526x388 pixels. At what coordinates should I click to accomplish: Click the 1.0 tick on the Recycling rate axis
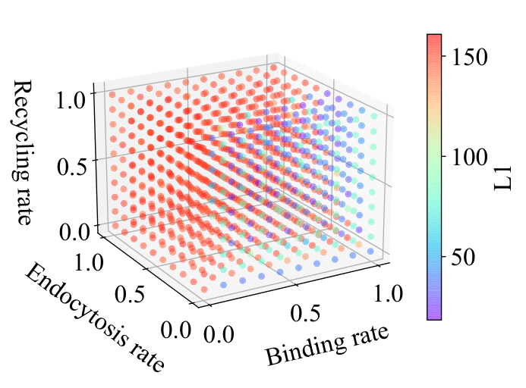pos(71,99)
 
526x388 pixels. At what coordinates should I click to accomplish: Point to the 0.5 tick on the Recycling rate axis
pos(71,167)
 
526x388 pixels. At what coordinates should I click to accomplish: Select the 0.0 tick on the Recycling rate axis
pos(74,232)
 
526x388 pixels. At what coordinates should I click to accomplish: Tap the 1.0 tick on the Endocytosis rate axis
pos(88,261)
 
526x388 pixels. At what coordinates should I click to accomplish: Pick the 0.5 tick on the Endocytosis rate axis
pos(130,294)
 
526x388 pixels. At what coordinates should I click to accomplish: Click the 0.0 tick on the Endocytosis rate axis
pos(175,330)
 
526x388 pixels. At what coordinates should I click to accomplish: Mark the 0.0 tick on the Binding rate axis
pos(219,333)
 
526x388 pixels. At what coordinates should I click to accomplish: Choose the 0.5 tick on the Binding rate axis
pos(304,313)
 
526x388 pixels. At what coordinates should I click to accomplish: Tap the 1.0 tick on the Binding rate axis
pos(388,293)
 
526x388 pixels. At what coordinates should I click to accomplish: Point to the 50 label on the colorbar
pos(463,257)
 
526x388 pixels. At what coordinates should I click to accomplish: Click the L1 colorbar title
pos(502,177)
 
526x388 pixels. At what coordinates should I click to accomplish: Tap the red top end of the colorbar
pos(434,38)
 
